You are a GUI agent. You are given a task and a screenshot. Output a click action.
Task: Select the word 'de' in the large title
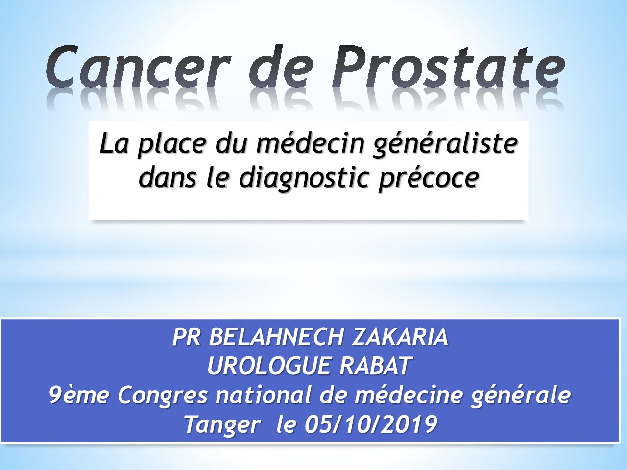[281, 66]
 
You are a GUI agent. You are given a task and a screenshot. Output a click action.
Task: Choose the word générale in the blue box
[520, 397]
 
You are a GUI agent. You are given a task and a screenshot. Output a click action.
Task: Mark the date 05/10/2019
[371, 424]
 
